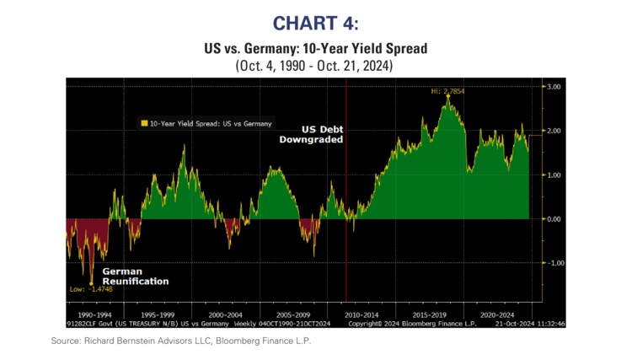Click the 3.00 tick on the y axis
[x=554, y=87]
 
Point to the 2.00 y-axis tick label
[x=554, y=131]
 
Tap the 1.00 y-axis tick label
[x=554, y=175]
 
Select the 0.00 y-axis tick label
[x=554, y=219]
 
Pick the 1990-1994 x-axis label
[x=93, y=313]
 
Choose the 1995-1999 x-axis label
[x=158, y=313]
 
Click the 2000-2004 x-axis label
[x=227, y=313]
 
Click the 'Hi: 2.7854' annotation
[x=447, y=90]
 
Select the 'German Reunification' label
[x=135, y=276]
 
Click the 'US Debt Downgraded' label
[x=312, y=134]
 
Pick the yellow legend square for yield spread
[x=144, y=123]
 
